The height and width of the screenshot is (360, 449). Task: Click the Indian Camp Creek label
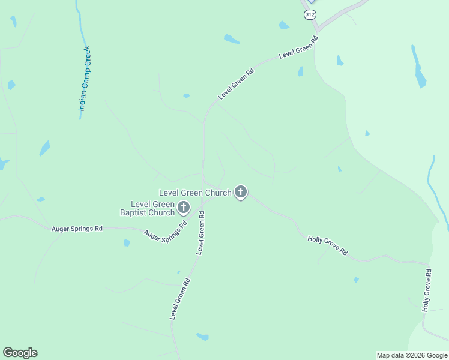[x=84, y=79]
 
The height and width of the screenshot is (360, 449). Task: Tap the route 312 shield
[x=310, y=14]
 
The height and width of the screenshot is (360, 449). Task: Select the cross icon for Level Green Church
[x=241, y=192]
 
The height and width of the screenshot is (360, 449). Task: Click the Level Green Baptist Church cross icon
[x=184, y=208]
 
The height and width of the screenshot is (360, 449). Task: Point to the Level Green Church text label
[x=195, y=193]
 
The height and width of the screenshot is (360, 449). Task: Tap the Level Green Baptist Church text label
[x=148, y=208]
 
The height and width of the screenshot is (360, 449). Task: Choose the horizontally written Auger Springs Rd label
[x=77, y=229]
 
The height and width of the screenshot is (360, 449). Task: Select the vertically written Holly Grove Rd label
[x=427, y=290]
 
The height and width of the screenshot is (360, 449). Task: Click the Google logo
[x=20, y=353]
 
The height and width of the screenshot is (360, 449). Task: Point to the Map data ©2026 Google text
[x=411, y=355]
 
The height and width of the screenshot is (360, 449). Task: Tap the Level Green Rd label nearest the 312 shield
[x=298, y=49]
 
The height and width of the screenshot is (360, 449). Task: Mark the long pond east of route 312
[x=418, y=66]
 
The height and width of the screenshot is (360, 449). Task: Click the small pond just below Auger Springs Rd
[x=127, y=243]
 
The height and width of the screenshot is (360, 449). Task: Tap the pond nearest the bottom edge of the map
[x=202, y=337]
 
